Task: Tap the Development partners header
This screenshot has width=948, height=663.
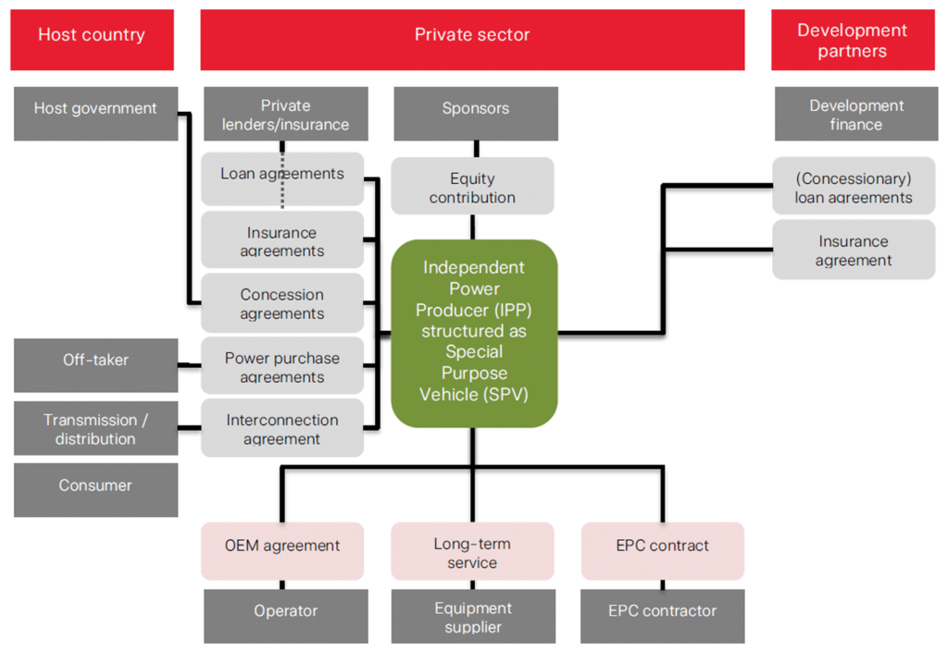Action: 853,40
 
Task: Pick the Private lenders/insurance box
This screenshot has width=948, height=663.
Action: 285,114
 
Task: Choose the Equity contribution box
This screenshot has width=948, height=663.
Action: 472,186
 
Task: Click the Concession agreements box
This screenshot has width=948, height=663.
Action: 282,303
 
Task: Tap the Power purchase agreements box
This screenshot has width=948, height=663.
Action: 282,366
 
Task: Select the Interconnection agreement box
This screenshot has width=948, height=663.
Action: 282,427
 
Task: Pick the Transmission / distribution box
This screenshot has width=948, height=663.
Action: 95,429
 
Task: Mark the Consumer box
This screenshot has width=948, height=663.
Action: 95,489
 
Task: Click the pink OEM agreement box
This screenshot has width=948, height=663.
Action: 282,550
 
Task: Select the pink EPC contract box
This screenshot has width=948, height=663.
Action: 663,550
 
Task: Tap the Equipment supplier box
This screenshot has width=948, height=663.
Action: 473,616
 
